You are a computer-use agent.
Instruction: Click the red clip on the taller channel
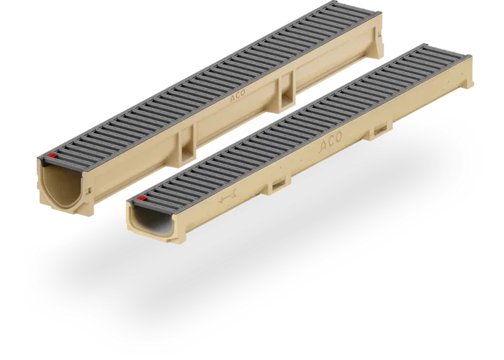(52, 155)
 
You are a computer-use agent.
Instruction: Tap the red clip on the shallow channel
(143, 198)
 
